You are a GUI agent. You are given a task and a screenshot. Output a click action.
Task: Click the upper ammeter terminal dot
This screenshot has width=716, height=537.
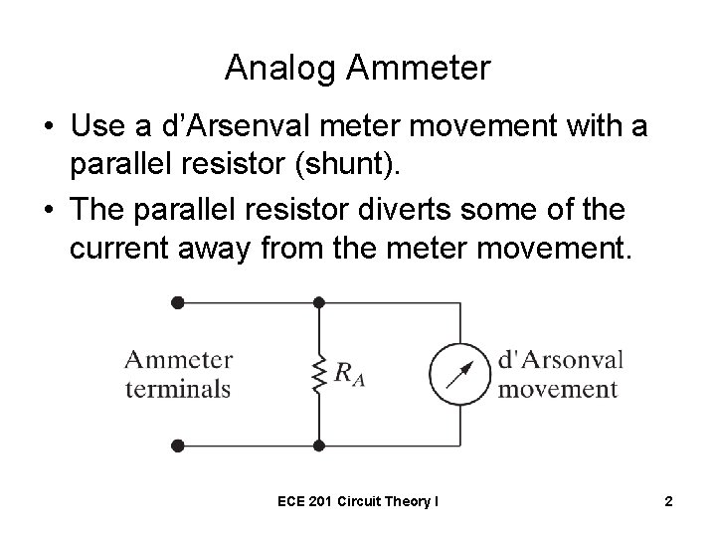coord(177,301)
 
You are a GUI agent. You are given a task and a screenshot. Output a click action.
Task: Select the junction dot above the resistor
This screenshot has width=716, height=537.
coord(318,301)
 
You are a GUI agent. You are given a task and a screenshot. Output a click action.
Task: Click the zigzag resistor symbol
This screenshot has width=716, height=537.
coord(318,375)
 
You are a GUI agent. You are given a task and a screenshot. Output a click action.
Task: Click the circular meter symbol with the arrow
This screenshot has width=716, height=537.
coord(459,374)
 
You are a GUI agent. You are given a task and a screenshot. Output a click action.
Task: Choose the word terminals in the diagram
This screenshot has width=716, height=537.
coord(178,388)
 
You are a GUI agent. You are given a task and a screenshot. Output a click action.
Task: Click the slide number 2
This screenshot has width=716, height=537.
coord(668,502)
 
